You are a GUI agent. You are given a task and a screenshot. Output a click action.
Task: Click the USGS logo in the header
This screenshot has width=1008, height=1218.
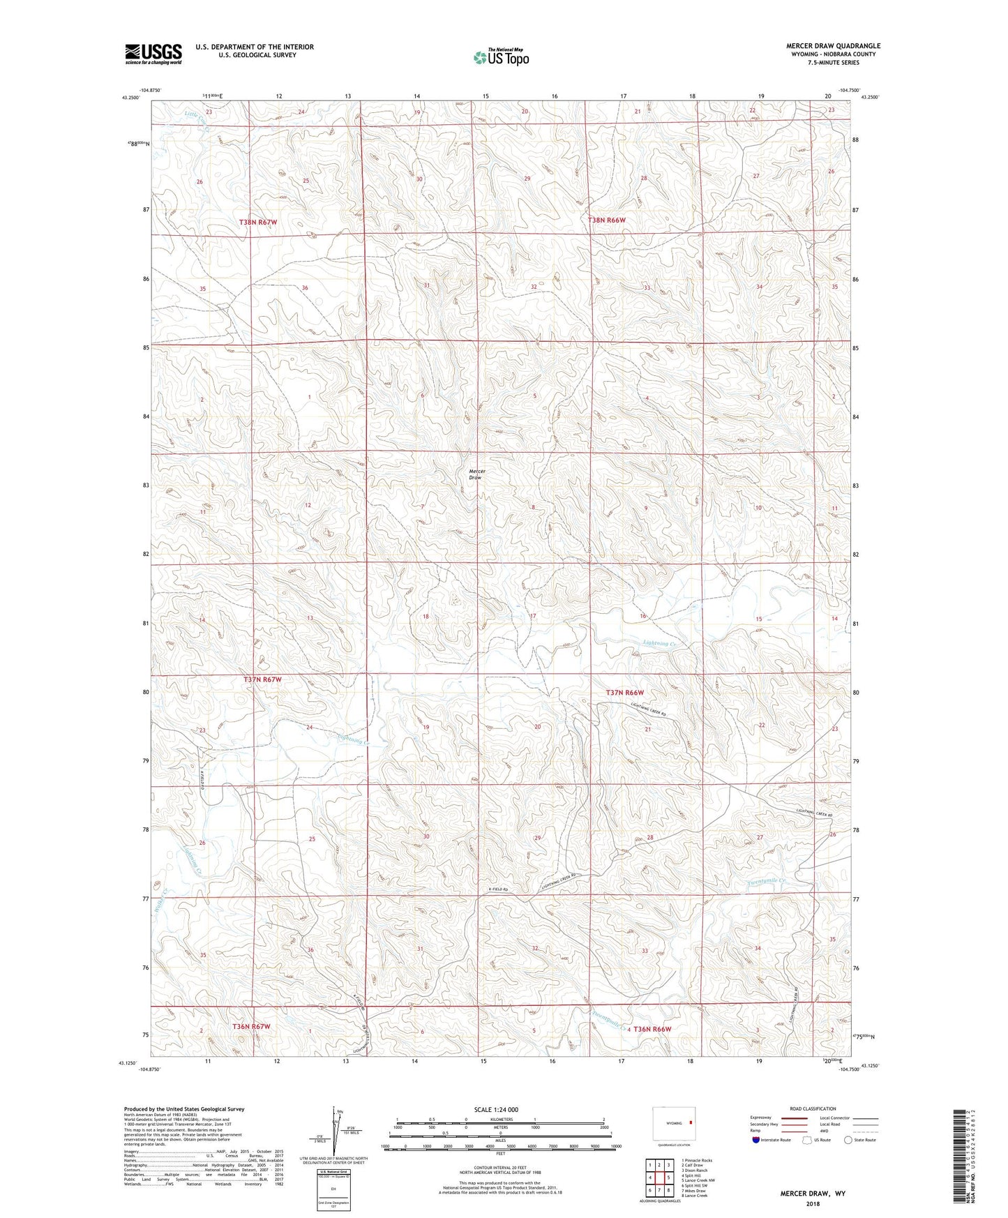(153, 54)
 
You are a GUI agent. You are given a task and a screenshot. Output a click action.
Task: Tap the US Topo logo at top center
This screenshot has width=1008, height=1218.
(500, 57)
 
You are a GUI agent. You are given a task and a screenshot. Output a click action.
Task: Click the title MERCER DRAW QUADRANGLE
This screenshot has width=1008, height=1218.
(833, 46)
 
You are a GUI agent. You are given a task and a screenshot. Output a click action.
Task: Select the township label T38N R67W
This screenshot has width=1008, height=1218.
(258, 222)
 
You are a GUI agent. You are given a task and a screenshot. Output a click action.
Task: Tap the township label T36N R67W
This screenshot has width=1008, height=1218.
(251, 1027)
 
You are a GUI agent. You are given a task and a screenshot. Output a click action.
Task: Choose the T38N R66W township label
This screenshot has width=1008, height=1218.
(607, 220)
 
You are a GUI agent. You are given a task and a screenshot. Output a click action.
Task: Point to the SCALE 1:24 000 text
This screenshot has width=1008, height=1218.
(499, 1109)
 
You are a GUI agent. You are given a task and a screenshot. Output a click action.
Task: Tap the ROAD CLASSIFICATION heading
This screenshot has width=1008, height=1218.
(813, 1108)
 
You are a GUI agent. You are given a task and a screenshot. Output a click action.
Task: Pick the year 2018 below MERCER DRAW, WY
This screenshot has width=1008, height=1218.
(813, 1203)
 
